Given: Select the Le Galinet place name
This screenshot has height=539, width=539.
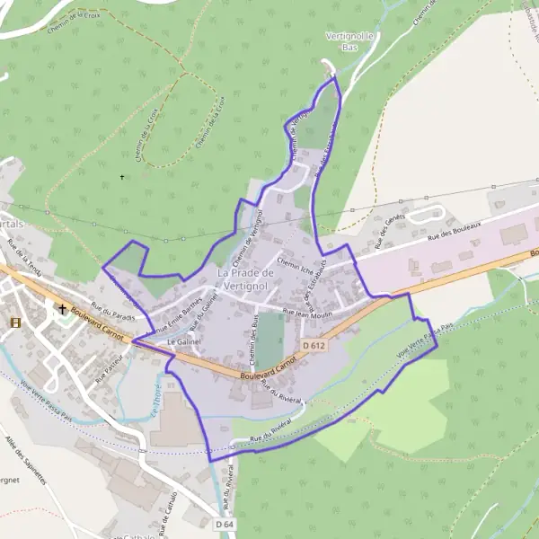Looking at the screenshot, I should [182, 342].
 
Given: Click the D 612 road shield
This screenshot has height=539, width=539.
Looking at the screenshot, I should [313, 346].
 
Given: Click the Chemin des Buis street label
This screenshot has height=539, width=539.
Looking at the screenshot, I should [253, 335].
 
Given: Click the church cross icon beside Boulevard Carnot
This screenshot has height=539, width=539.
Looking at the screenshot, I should [62, 310].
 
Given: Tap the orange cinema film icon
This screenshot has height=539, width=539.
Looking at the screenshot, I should [15, 322].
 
